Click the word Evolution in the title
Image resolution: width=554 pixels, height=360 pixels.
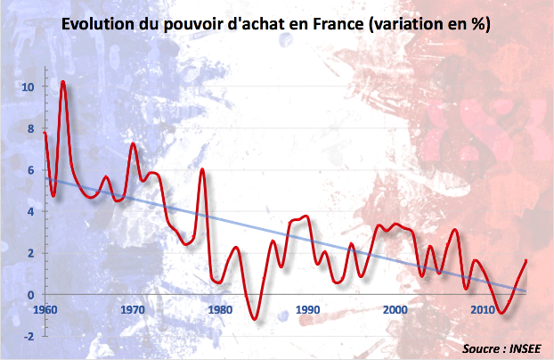click(x=100, y=27)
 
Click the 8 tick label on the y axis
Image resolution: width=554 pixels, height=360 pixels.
click(x=31, y=128)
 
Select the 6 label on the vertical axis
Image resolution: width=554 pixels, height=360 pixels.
click(x=31, y=170)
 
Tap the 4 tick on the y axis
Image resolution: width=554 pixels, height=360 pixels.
click(x=31, y=212)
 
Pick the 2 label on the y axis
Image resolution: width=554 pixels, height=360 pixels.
click(x=31, y=253)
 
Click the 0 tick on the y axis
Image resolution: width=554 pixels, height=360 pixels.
click(x=31, y=295)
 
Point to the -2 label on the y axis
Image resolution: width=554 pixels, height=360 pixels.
click(x=29, y=337)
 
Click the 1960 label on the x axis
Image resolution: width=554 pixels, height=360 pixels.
click(x=45, y=309)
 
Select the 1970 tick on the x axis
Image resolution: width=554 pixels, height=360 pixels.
click(x=133, y=309)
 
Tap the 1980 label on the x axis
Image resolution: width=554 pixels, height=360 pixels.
click(x=220, y=309)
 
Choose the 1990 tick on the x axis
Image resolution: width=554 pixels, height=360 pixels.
click(x=307, y=309)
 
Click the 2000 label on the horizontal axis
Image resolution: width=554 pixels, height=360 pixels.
click(x=395, y=309)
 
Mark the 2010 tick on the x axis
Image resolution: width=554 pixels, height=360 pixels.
click(x=482, y=309)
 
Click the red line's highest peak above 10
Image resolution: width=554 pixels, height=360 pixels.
click(x=63, y=82)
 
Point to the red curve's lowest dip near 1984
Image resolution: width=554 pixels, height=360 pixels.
click(x=255, y=318)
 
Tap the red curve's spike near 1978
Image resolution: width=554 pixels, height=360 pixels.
click(x=202, y=169)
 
